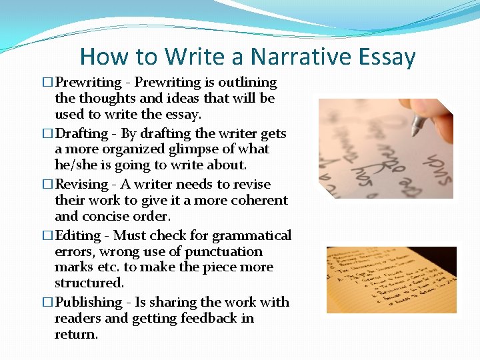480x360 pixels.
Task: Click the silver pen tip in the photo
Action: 419,125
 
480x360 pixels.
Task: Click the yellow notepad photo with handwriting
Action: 391,280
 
